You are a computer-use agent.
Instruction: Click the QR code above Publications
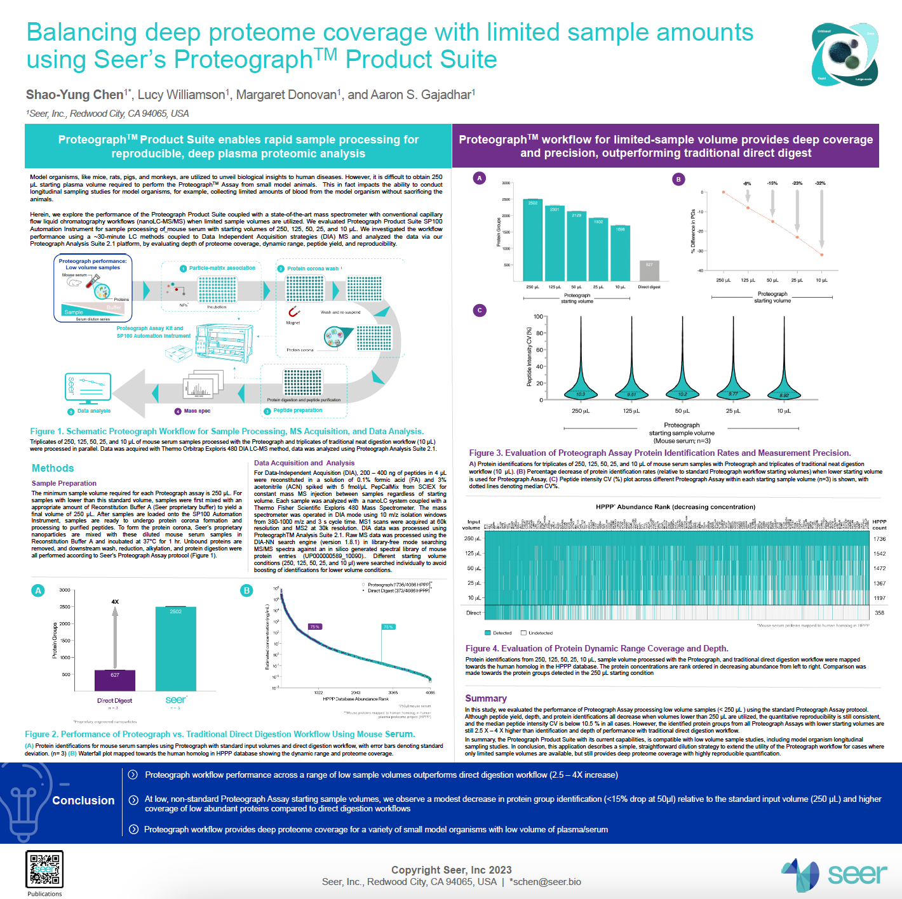coord(44,869)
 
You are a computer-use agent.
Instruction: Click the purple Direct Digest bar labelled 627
coord(115,680)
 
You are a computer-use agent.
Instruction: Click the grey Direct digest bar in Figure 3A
coord(649,270)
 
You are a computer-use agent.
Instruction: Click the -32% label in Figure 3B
coord(821,183)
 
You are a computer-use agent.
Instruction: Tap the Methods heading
coord(53,468)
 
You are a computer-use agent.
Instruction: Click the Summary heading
coord(486,698)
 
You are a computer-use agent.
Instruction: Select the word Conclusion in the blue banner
coord(83,801)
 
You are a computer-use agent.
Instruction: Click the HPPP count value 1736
coord(879,539)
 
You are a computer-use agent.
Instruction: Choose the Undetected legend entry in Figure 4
coord(537,633)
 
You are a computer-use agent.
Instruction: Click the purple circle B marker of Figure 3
coord(678,179)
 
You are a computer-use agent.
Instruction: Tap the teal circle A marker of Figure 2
coord(38,590)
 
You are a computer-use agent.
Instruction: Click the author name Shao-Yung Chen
coord(75,95)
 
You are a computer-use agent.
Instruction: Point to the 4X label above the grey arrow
coord(115,601)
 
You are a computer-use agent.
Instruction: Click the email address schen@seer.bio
coord(547,882)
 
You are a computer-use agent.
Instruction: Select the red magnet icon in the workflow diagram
coord(293,312)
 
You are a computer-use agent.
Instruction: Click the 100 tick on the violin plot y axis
coord(539,317)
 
